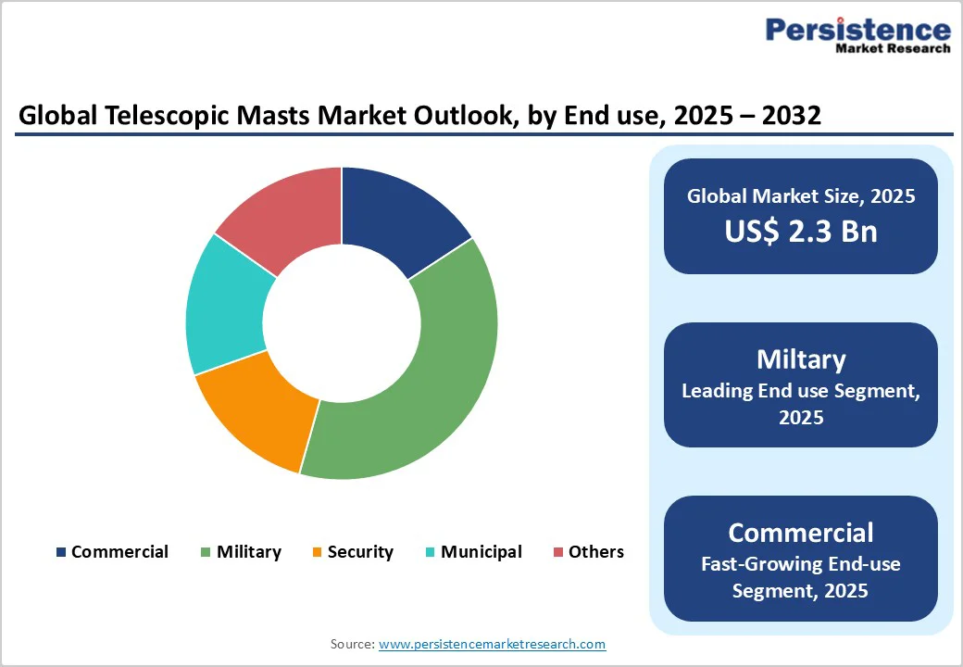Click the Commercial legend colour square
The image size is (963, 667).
(x=61, y=552)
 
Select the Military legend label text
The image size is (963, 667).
(x=248, y=552)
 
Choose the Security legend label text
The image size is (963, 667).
(x=360, y=552)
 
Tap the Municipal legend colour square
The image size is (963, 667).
(x=431, y=552)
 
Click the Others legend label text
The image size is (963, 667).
(x=595, y=552)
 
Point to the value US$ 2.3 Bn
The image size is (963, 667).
(x=800, y=231)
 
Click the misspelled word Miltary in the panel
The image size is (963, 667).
(x=800, y=359)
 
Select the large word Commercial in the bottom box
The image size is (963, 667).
(x=800, y=533)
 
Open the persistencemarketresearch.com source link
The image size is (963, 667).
(x=492, y=644)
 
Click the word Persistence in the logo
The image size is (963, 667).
(x=857, y=30)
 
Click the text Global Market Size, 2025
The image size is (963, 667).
(x=800, y=196)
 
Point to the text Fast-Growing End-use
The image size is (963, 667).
(x=800, y=563)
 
